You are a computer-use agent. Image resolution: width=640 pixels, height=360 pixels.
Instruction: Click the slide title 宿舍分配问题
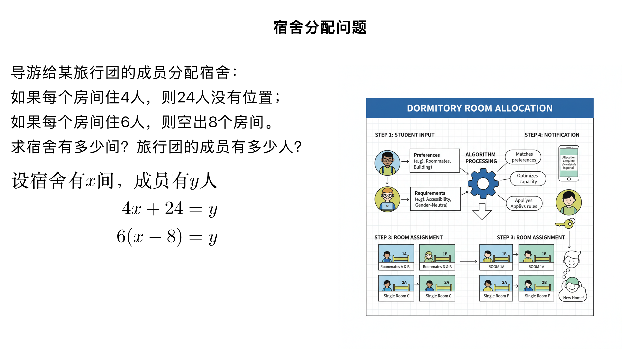pos(320,27)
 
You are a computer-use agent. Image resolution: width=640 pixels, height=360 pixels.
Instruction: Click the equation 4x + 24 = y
pos(170,209)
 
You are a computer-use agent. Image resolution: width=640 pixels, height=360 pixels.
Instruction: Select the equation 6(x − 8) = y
pos(167,237)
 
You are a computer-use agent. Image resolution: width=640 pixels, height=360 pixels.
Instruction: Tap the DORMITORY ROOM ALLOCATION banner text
pos(479,108)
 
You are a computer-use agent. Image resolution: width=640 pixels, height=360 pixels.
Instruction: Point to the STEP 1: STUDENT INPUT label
pos(404,135)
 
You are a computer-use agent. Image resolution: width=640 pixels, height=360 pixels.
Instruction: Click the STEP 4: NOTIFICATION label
pos(552,135)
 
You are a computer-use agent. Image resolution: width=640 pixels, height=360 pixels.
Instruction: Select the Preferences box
pos(434,161)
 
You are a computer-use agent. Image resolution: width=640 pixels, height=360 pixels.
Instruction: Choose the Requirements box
pos(435,199)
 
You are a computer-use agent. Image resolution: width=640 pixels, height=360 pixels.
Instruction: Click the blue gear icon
pos(483,183)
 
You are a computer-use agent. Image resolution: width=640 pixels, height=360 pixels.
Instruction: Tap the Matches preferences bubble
pos(523,157)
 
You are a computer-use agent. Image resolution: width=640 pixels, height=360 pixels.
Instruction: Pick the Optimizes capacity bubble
pos(528,179)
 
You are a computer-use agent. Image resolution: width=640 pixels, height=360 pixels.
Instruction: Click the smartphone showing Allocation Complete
pos(569,163)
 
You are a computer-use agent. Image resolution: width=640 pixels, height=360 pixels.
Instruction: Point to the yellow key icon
pos(565,224)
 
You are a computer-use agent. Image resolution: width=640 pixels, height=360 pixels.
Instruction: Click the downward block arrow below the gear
pos(482,211)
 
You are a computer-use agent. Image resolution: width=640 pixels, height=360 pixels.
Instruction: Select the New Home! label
pos(573,298)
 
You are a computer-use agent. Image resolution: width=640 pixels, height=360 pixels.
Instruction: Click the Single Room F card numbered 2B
pos(536,288)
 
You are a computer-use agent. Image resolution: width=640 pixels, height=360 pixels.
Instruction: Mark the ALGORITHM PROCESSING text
pos(481,158)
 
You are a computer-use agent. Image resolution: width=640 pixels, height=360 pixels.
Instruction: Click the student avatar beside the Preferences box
pos(387,163)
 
